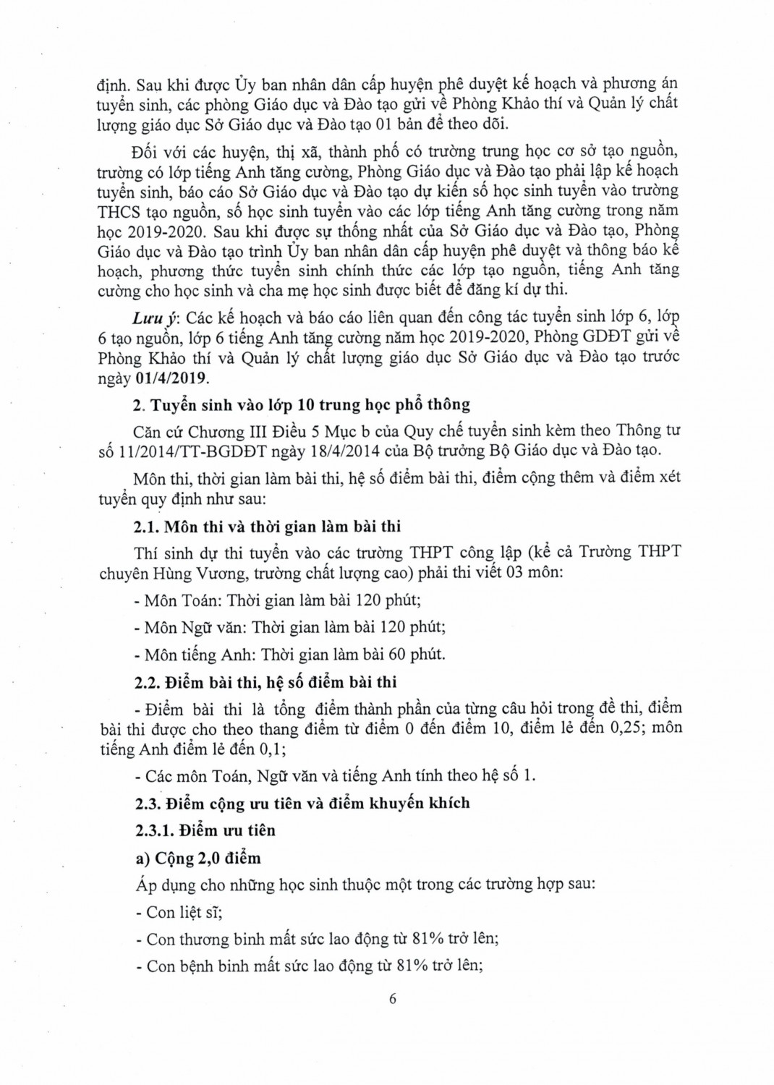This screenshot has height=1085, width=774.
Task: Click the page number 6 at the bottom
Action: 393,1000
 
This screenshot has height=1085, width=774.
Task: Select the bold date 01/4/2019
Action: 172,378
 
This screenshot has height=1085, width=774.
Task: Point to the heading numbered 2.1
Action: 267,526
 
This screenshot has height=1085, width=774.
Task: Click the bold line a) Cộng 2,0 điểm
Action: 197,858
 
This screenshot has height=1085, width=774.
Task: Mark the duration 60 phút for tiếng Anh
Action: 418,655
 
